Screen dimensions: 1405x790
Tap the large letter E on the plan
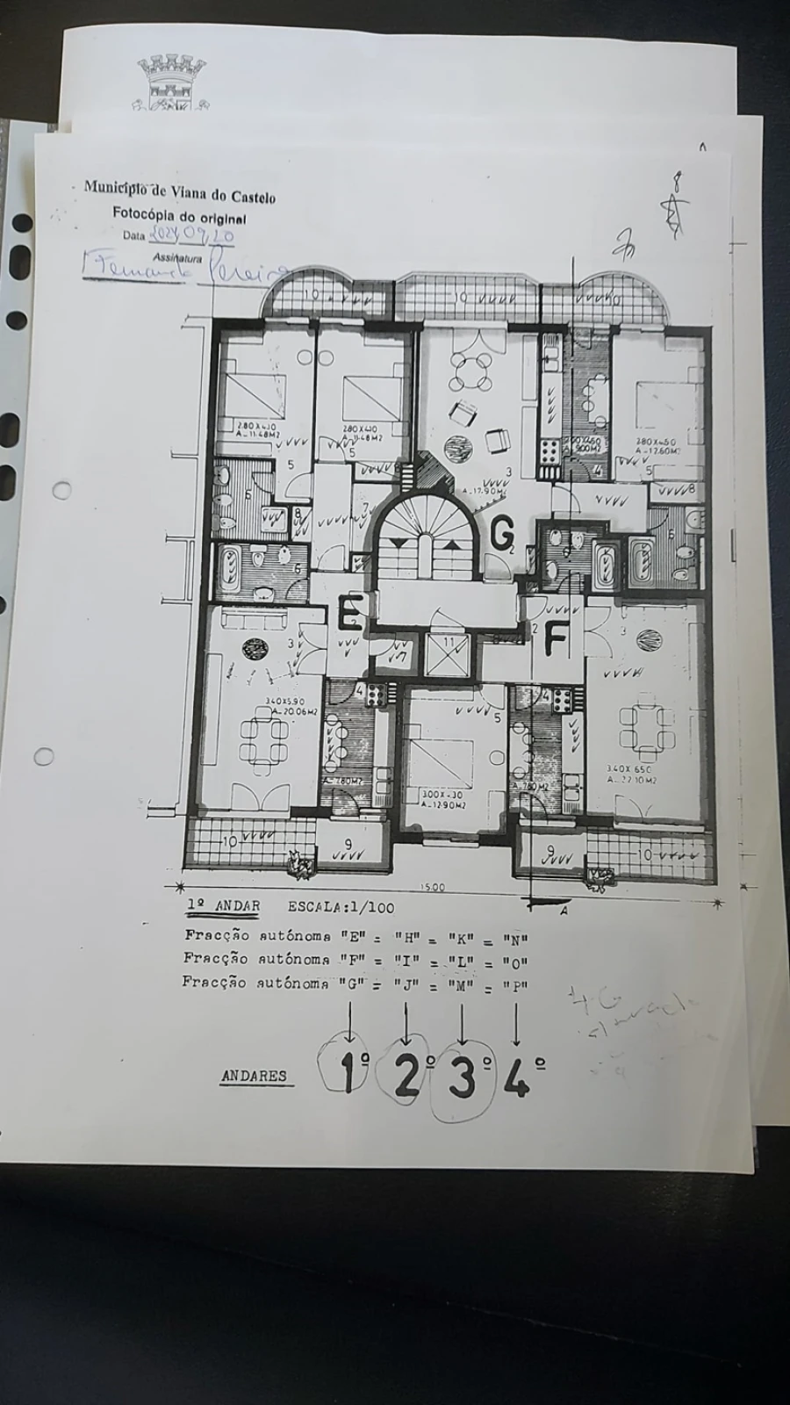350,612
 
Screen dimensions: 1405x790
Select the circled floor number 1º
352,1073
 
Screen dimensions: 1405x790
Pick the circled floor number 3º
463,1077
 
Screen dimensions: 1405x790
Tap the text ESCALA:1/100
341,907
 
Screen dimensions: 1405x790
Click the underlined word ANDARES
254,1076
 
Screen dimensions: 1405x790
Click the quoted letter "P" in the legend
515,985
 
